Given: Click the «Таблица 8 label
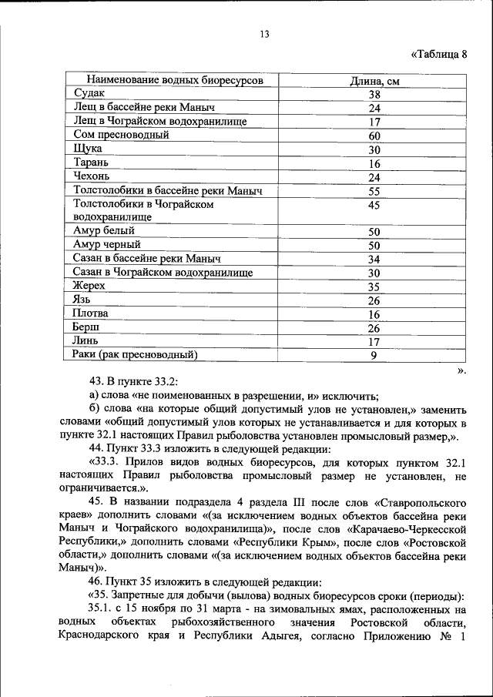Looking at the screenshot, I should [x=439, y=54].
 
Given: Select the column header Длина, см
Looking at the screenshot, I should [x=374, y=81].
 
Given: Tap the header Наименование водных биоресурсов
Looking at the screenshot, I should [x=174, y=81].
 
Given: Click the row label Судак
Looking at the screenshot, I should [x=89, y=95].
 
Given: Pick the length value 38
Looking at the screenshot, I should [x=374, y=95].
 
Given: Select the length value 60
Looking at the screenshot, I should [x=374, y=136].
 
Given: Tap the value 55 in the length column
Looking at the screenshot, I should [x=374, y=190].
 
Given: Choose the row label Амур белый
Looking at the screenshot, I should [x=104, y=231].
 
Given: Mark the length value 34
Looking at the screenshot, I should [x=374, y=259].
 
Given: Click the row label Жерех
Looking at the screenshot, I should [x=89, y=286].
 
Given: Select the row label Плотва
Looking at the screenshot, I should [x=91, y=313].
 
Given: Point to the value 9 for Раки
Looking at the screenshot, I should [x=374, y=355].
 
